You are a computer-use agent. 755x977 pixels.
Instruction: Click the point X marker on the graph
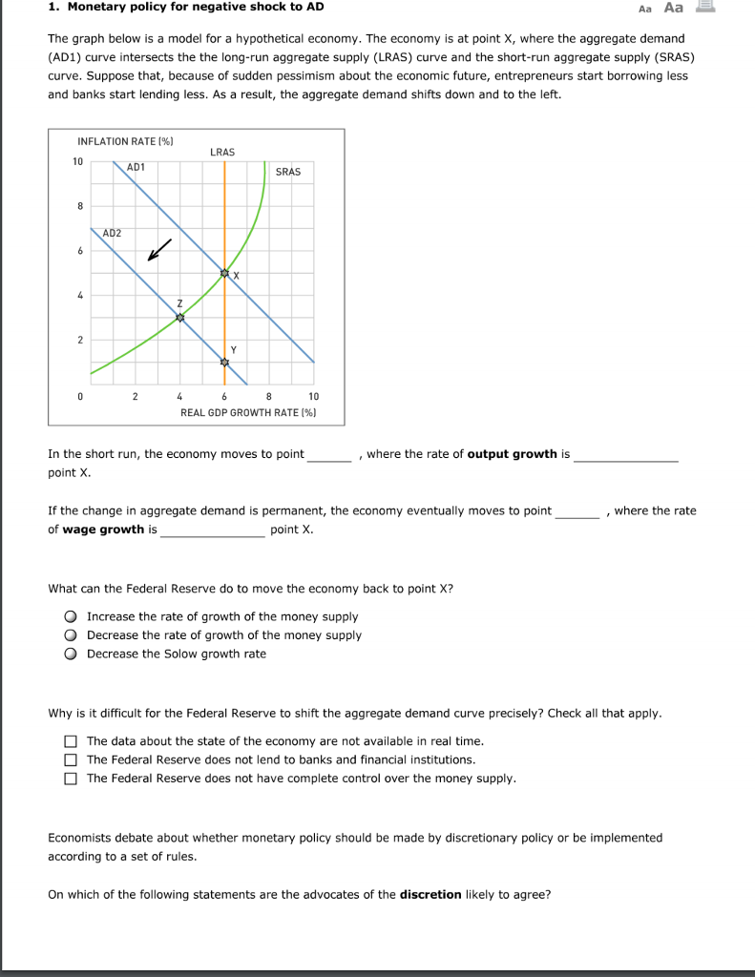pos(225,274)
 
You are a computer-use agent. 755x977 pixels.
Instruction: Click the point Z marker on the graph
pos(179,319)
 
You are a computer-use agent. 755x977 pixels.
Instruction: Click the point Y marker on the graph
pos(225,364)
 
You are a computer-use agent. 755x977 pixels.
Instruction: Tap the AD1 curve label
pos(136,167)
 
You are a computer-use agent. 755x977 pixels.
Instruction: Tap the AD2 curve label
pos(112,233)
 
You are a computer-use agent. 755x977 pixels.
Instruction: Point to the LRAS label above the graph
pos(221,152)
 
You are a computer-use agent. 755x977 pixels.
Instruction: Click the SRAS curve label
pos(287,172)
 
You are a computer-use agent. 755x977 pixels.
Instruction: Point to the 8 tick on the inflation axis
pos(80,206)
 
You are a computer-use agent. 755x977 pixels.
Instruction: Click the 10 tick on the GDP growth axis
pos(314,396)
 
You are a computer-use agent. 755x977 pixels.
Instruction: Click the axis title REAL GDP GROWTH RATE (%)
pos(248,412)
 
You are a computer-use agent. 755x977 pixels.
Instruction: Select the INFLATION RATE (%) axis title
pos(125,141)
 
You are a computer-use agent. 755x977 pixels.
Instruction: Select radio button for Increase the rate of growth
pos(70,617)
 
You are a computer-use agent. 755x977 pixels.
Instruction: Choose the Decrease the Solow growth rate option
pos(70,655)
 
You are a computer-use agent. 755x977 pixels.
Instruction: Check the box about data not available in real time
pos(71,741)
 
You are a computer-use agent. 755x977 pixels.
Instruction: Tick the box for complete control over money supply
pos(71,779)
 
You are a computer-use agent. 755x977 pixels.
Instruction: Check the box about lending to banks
pos(71,760)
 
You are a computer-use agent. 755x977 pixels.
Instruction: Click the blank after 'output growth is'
pos(625,455)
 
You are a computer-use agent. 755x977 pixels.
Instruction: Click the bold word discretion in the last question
pos(430,895)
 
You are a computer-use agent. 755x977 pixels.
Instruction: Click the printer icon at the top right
pos(705,8)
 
